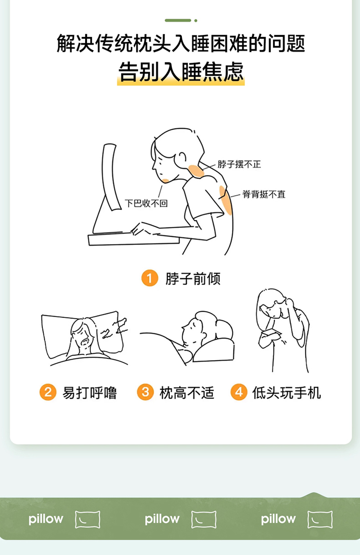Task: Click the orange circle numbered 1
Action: pos(150,278)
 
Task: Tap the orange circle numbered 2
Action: pos(48,392)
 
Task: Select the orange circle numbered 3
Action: pos(145,392)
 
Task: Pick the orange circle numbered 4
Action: pos(239,392)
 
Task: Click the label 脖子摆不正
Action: pos(239,164)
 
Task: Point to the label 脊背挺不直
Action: pos(264,194)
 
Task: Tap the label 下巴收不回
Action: pos(146,204)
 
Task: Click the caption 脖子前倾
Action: pos(193,279)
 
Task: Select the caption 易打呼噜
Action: pos(89,393)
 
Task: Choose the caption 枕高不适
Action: pos(187,393)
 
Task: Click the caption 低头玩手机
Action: pos(287,393)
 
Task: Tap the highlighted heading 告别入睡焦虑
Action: pos(181,72)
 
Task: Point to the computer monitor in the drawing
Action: pos(111,177)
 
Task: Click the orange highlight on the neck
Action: pos(196,171)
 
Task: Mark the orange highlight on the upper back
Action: pos(226,200)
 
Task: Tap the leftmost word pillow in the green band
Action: pos(46,519)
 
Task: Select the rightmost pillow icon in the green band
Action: pos(320,519)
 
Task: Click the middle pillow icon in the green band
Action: pos(204,519)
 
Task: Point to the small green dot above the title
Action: pos(196,20)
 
